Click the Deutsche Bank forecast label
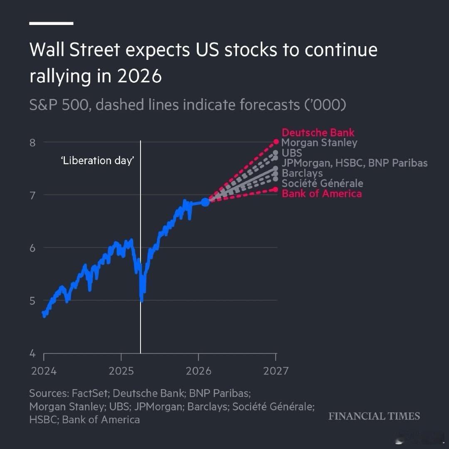[x=318, y=133]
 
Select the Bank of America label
[x=321, y=194]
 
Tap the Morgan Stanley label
[x=319, y=143]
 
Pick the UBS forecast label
[x=291, y=153]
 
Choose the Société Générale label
[x=322, y=183]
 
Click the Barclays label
[x=302, y=173]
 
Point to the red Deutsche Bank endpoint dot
[x=276, y=141]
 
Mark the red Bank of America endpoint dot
[x=276, y=189]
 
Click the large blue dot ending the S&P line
[x=205, y=202]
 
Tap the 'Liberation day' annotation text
[x=98, y=161]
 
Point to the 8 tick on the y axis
[x=33, y=142]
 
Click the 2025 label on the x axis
[x=121, y=371]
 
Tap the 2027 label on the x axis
[x=276, y=371]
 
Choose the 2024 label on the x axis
[x=44, y=371]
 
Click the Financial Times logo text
[x=374, y=416]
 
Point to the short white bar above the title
[x=51, y=23]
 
